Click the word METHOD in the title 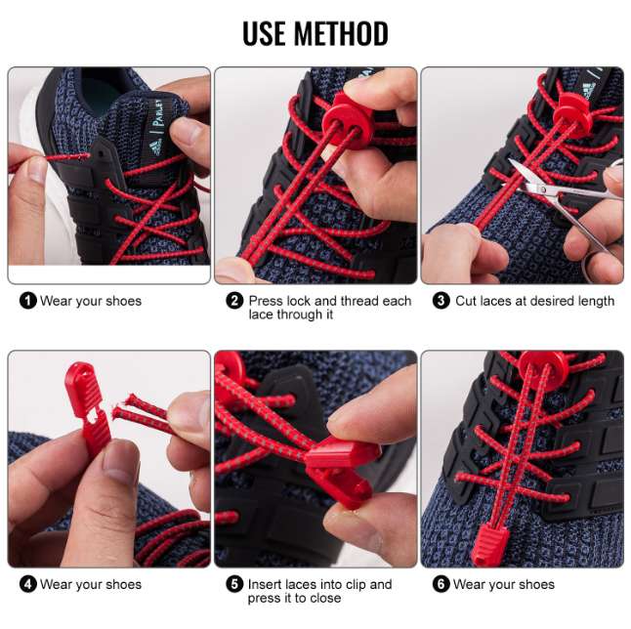coord(341,33)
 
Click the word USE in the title coord(265,33)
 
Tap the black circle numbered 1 coord(27,301)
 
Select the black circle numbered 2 coord(234,301)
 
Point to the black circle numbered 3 coord(441,301)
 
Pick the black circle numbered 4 coord(27,584)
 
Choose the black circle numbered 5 coord(234,584)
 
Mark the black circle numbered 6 coord(441,584)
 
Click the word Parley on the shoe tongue coord(158,114)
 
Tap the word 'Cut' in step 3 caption coord(466,301)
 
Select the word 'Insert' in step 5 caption coord(267,584)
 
